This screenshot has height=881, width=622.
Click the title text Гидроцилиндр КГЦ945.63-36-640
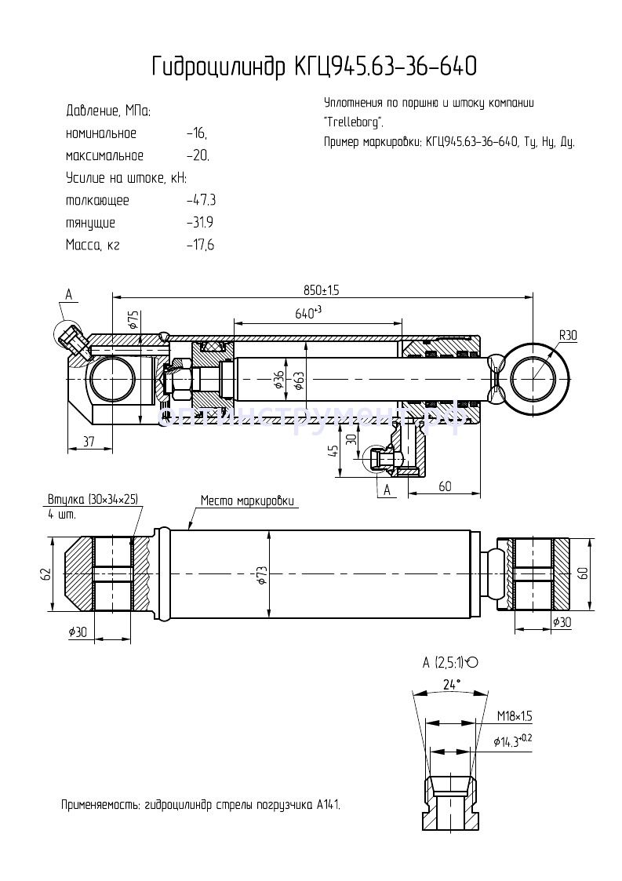coord(314,68)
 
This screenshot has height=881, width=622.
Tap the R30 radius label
coord(568,336)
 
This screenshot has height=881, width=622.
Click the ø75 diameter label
coord(133,319)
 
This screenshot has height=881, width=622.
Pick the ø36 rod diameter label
coord(278,380)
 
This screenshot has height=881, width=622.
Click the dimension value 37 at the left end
coord(89,443)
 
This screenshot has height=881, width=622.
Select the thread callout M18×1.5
coord(515,716)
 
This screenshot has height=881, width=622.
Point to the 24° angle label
coord(449,684)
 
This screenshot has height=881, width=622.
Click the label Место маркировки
coord(247,500)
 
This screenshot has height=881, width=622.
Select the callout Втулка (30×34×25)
coord(93,499)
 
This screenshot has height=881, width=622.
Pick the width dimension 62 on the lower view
coord(45,574)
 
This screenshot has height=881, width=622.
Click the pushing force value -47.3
coord(200,200)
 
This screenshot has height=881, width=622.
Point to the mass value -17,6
coord(200,245)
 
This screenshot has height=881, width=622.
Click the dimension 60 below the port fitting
coord(445,486)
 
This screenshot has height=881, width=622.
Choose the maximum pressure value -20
coord(198,155)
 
